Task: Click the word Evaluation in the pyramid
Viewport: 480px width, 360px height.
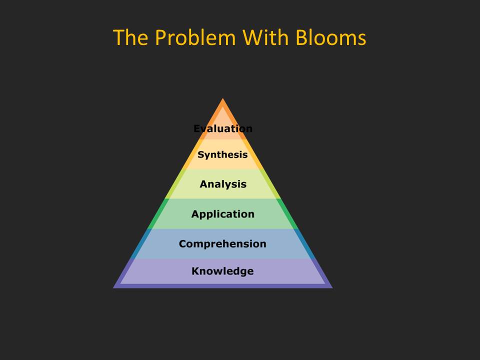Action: (223, 128)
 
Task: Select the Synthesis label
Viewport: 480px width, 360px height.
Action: (222, 155)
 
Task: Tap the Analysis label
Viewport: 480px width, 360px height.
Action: (223, 184)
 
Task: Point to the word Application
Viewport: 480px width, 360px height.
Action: (223, 214)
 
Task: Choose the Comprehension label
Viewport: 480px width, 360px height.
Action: (222, 243)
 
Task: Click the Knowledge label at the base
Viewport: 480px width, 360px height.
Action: (222, 271)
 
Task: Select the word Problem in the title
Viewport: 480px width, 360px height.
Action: (195, 37)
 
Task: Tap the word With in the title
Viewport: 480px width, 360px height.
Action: (265, 37)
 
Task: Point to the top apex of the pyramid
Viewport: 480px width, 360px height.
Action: (223, 98)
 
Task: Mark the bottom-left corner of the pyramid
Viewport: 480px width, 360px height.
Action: (113, 288)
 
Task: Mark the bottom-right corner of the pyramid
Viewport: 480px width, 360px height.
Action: (332, 288)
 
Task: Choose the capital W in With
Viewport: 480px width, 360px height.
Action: (253, 37)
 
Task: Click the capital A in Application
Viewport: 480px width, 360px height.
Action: (195, 213)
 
